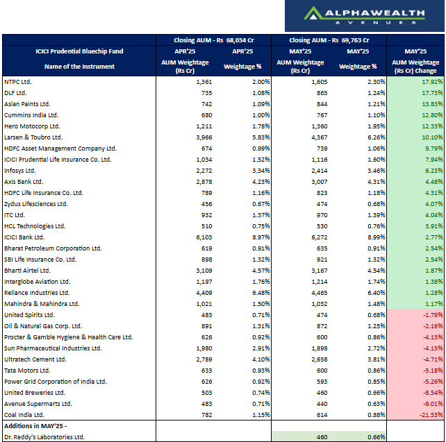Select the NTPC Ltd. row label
[19, 82]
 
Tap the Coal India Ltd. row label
[24, 414]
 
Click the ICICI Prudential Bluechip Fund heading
[79, 51]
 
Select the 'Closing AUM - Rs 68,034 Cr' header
[213, 40]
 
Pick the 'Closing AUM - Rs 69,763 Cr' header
[329, 40]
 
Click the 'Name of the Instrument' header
[79, 67]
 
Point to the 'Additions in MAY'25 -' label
[35, 425]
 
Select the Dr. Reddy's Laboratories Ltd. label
[44, 436]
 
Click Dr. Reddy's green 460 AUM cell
[320, 436]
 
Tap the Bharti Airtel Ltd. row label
[27, 271]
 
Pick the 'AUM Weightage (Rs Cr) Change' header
[415, 67]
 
